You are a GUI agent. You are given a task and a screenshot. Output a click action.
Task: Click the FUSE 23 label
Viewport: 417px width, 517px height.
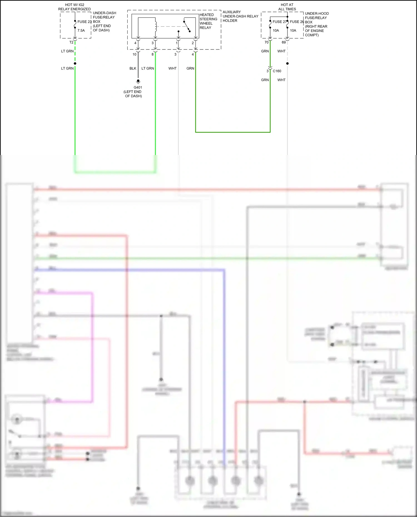click(x=84, y=22)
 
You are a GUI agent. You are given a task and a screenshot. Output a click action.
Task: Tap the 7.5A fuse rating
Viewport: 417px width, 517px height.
click(x=81, y=31)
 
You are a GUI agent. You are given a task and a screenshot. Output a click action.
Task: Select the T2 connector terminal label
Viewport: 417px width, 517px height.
click(x=71, y=42)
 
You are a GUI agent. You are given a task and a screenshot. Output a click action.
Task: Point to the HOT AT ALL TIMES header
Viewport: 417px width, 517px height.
click(x=287, y=7)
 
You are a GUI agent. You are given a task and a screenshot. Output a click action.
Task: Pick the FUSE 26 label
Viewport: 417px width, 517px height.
click(x=297, y=22)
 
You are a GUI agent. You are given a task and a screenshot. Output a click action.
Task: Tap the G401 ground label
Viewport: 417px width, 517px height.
click(x=138, y=88)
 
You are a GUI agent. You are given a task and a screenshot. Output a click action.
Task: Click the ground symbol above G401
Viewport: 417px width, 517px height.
click(x=138, y=82)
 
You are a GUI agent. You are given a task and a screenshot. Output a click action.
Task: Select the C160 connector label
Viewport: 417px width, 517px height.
click(x=277, y=71)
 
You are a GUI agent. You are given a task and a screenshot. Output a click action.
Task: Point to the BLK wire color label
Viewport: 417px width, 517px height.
click(x=133, y=68)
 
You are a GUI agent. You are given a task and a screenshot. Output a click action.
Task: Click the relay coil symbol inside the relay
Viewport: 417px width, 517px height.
click(x=156, y=27)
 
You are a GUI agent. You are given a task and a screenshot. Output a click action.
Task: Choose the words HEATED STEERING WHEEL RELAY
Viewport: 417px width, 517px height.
click(x=208, y=21)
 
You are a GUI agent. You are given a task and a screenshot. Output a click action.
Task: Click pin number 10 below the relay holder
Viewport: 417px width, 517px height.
click(x=135, y=54)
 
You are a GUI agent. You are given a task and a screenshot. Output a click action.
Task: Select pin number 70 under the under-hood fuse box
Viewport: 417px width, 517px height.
click(x=267, y=42)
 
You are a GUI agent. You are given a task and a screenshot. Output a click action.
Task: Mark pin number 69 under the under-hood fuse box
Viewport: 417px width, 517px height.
click(x=284, y=42)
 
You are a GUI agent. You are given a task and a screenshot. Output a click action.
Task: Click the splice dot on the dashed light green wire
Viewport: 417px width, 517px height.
click(x=75, y=63)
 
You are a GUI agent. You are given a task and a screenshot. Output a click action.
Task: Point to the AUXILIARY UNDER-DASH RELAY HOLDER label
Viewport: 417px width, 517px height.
click(x=240, y=16)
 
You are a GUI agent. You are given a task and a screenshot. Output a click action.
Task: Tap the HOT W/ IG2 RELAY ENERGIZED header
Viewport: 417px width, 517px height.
click(x=75, y=7)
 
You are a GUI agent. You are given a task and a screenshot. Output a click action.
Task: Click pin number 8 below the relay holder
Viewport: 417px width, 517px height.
click(x=152, y=54)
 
